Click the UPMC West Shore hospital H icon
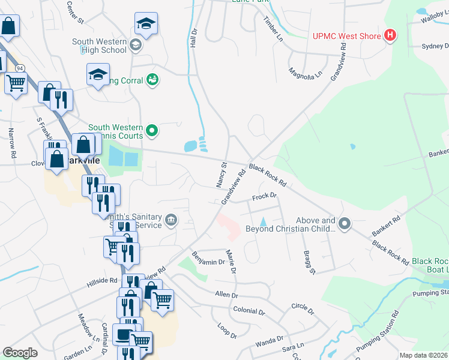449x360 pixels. [x=391, y=36]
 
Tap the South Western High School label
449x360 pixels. [x=99, y=46]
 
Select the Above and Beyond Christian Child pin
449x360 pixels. [x=345, y=224]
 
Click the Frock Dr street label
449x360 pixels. [x=264, y=196]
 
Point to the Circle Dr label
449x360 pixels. [x=302, y=308]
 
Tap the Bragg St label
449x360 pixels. [x=309, y=262]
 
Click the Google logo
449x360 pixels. [x=20, y=353]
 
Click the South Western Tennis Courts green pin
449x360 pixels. [x=152, y=130]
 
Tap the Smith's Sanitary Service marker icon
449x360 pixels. [x=172, y=220]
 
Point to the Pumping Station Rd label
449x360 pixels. [x=377, y=340]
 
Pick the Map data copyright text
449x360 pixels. [x=423, y=355]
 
